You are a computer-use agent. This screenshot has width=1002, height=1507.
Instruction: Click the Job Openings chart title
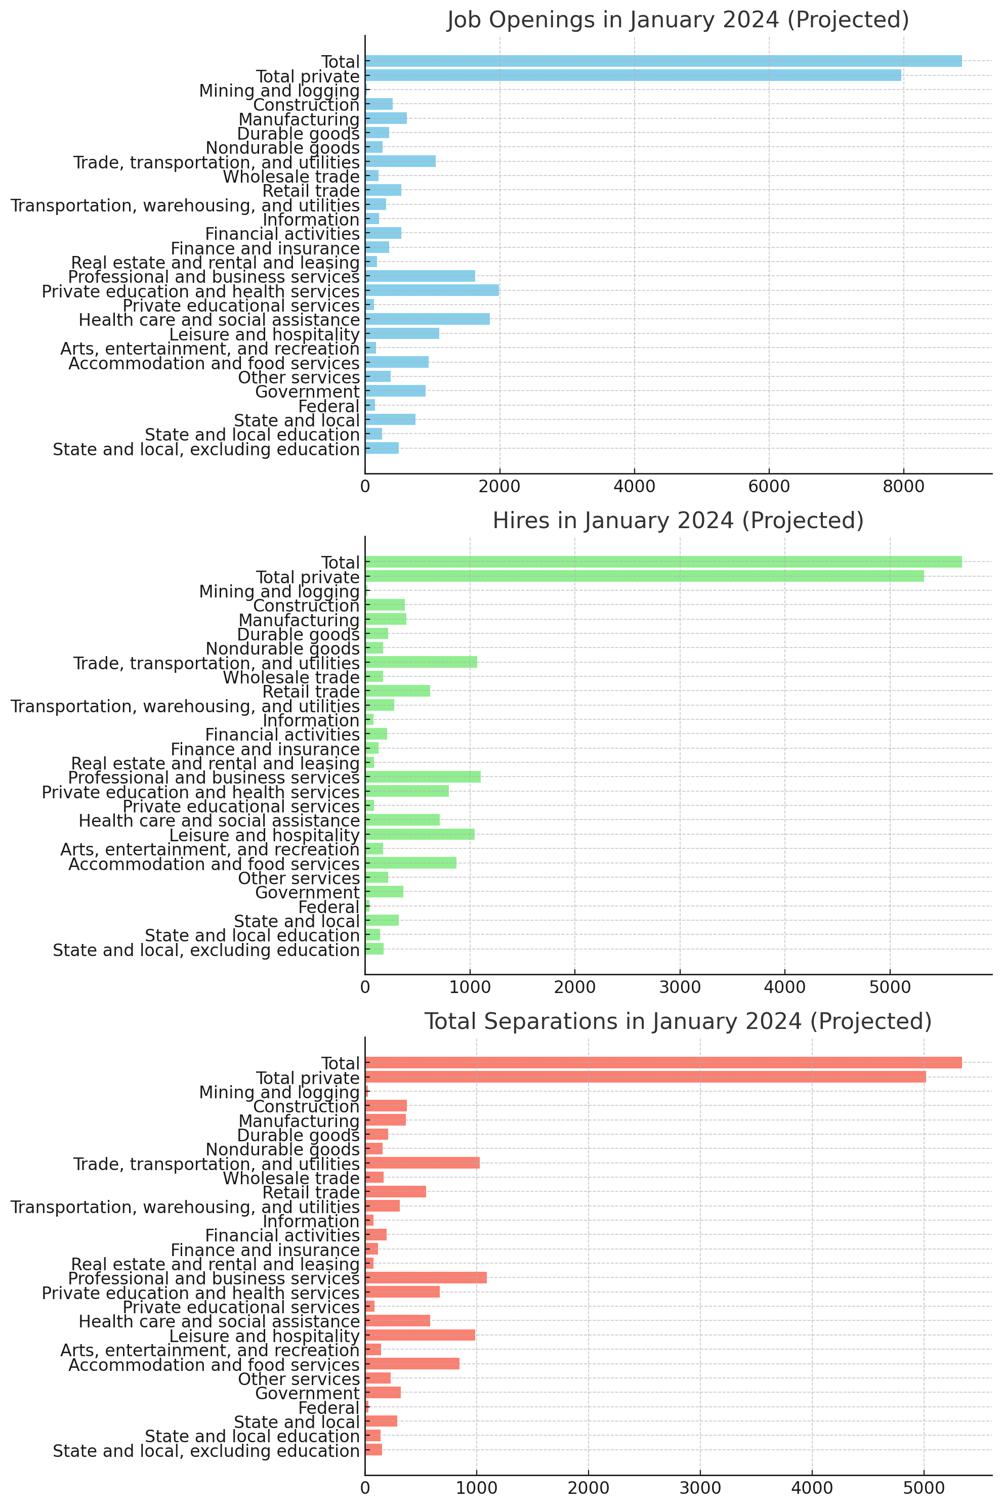(x=678, y=20)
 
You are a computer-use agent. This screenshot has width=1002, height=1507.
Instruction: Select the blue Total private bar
(x=633, y=75)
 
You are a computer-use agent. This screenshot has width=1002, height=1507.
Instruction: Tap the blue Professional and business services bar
(x=420, y=276)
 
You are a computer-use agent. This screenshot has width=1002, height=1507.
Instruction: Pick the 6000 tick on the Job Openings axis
(x=769, y=487)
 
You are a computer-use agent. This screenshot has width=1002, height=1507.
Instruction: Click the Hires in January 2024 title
(x=678, y=521)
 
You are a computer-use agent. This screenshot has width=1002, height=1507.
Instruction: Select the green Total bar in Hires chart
(x=663, y=562)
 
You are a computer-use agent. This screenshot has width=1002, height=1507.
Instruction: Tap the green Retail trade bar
(x=397, y=691)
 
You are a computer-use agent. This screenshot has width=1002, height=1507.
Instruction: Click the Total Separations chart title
(x=678, y=1021)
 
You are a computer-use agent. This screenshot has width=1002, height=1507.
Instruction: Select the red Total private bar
(x=645, y=1077)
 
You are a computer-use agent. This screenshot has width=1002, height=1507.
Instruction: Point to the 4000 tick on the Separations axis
(x=812, y=1488)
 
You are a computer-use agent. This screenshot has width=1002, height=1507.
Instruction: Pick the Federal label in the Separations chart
(x=328, y=1408)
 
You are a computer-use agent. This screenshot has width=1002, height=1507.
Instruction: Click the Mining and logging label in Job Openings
(x=279, y=91)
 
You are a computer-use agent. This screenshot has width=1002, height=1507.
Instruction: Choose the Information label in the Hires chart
(x=311, y=720)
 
